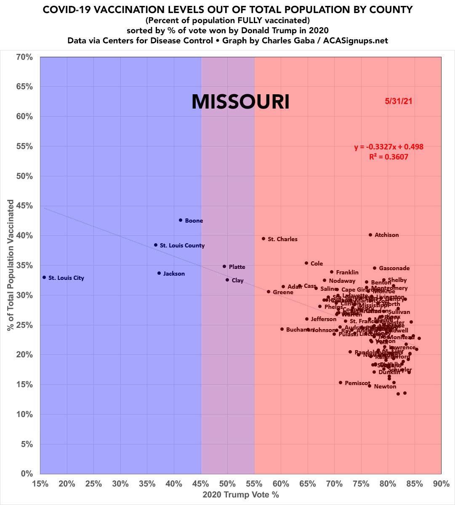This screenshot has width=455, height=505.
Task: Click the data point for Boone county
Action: pos(181,220)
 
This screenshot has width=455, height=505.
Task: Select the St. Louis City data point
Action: pos(44,277)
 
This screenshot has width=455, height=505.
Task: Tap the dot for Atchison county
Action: pos(370,235)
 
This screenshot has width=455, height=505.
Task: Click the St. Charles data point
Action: pos(263,239)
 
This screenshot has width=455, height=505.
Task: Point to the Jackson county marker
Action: pos(159,273)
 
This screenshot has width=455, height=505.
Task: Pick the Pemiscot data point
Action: pos(341,383)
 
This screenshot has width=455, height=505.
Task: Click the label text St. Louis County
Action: pos(182,245)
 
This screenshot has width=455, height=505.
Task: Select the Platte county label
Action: pos(237,267)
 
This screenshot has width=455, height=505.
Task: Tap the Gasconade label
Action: pos(394,268)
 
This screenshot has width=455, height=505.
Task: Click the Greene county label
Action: pos(283,292)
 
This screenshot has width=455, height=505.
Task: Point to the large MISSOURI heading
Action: pos(240,102)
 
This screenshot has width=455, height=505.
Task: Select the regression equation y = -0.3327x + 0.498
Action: pos(388,147)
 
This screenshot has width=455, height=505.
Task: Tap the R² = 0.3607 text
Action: pos(388,157)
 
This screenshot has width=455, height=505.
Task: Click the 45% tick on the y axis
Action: pos(25,206)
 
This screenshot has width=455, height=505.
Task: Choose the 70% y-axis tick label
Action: pos(25,57)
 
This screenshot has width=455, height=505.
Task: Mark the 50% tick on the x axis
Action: pos(227,484)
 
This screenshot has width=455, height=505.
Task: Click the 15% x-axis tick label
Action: pos(40,484)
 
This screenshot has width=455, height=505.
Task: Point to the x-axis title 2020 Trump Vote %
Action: pos(240,494)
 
